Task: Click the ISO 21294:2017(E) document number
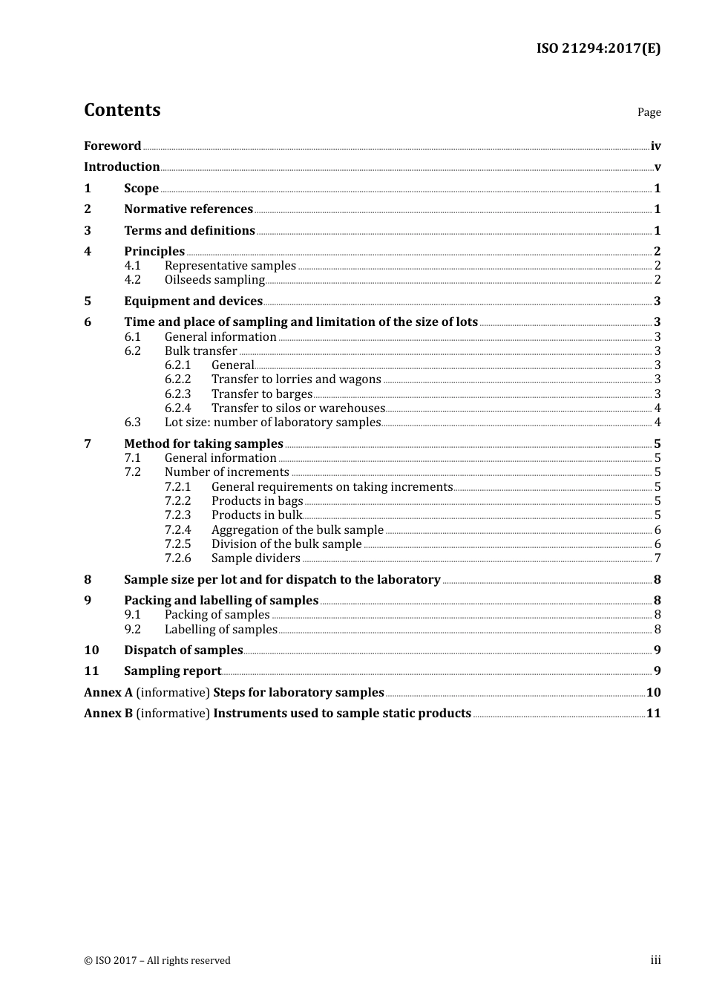pos(598,49)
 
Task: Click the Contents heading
pos(122,110)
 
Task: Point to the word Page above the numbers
pos(649,112)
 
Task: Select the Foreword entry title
pos(112,146)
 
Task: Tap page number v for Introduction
pos(658,167)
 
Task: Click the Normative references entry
pos(188,209)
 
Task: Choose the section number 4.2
pos(132,280)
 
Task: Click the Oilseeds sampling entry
pos(214,280)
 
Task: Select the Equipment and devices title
pos(193,301)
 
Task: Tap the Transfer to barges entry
pos(261,394)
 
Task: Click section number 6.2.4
pos(177,408)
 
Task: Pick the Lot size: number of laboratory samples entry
pos(272,423)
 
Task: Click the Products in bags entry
pos(257,501)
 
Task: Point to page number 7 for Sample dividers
pos(658,558)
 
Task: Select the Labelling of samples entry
pos(220,630)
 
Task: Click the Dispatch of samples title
pos(183,650)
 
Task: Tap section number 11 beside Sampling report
pos(91,671)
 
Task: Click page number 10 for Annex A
pos(653,693)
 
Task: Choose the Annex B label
pos(108,714)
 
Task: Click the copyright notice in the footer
pos(157,961)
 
